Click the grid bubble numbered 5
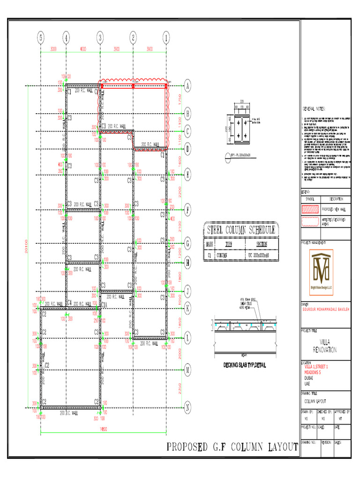41,38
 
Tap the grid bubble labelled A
188,85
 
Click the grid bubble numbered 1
166,38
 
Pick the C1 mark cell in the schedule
209,255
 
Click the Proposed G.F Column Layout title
232,447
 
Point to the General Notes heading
314,109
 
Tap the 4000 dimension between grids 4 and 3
82,49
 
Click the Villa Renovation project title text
324,345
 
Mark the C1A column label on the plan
105,305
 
